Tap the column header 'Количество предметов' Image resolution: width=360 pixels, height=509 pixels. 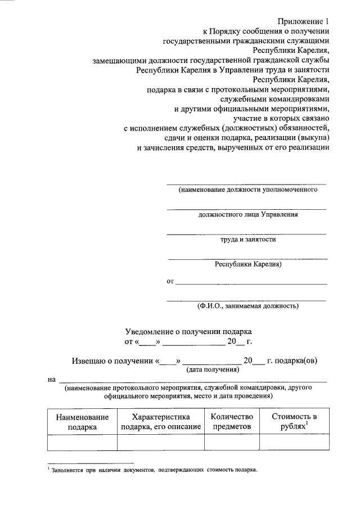[x=232, y=421]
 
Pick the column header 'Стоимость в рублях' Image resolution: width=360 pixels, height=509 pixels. [x=294, y=421]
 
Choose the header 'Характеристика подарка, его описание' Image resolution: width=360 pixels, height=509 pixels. [x=161, y=421]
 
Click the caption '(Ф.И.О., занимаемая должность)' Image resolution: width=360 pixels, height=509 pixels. [x=247, y=306]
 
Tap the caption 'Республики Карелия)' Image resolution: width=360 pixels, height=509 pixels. [x=247, y=263]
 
